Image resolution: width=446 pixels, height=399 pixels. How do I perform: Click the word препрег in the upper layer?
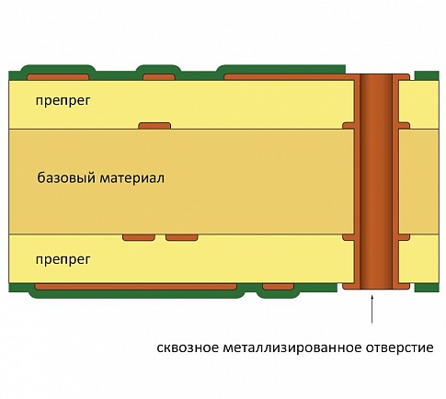[63, 100]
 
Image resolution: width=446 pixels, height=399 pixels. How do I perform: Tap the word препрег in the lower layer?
[63, 259]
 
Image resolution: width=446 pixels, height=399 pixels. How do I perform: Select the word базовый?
[66, 177]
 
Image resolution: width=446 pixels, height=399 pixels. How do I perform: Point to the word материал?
[132, 177]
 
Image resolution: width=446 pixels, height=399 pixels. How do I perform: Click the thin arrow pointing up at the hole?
[372, 309]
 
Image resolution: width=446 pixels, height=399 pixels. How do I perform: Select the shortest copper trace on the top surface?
[159, 77]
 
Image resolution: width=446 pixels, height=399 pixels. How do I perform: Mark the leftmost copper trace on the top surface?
[58, 77]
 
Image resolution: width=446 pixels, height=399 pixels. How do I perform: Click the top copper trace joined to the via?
[288, 77]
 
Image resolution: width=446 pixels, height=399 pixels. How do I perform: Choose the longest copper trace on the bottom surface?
[136, 287]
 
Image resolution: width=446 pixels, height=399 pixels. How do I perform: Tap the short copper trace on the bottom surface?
[278, 287]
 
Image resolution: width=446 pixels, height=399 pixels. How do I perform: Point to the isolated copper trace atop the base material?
[154, 126]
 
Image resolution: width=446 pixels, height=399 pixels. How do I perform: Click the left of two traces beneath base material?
[139, 237]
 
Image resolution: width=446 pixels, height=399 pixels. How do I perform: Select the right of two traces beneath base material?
[182, 237]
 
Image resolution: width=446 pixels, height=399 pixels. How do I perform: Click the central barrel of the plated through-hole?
[376, 182]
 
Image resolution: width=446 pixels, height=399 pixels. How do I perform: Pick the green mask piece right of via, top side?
[427, 75]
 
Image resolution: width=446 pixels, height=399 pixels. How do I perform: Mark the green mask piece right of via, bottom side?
[427, 288]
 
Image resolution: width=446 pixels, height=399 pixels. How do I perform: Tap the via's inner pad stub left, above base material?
[349, 126]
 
